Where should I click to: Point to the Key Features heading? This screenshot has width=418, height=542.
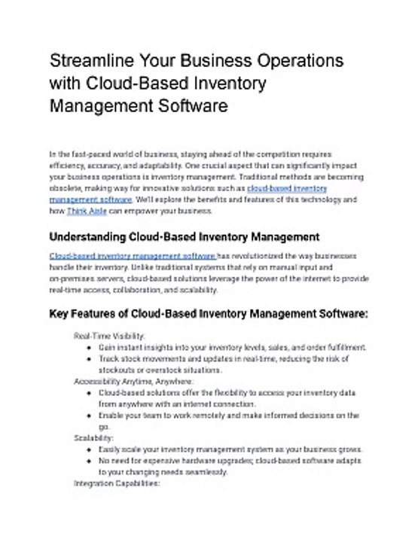[x=208, y=312]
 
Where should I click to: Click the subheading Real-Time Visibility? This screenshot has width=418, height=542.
[x=110, y=336]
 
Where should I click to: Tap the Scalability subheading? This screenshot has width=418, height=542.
[x=94, y=437]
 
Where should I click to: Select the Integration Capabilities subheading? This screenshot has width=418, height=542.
[x=117, y=484]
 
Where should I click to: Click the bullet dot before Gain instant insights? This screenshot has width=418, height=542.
[x=90, y=348]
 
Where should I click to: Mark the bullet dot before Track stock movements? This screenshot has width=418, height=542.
[x=90, y=359]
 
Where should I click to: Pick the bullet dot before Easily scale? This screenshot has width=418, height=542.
[x=90, y=449]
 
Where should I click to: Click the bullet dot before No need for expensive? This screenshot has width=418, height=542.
[x=90, y=460]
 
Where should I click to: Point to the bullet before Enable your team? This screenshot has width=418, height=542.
[x=90, y=416]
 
